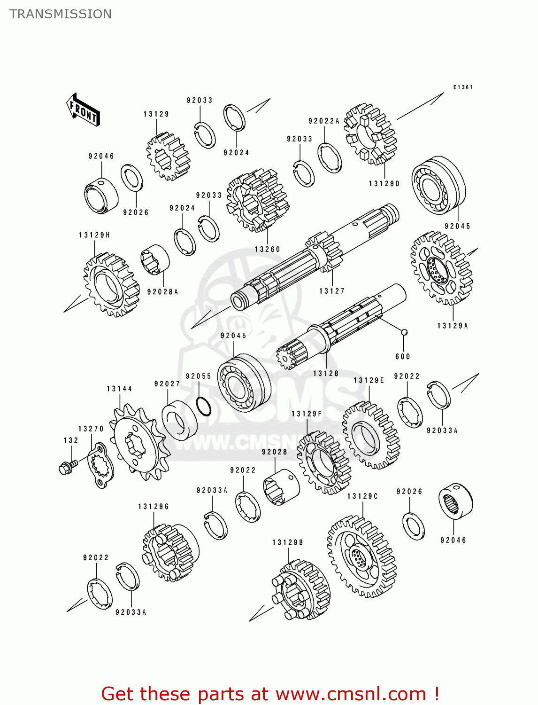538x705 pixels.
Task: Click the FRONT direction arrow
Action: [x=83, y=110]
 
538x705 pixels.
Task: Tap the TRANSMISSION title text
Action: [x=61, y=14]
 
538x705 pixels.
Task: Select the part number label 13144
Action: [x=119, y=389]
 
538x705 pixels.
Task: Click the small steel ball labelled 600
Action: [x=403, y=332]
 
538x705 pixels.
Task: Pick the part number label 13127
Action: [x=332, y=291]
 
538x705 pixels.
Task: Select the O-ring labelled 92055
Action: [x=204, y=407]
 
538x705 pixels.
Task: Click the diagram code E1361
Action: [x=462, y=87]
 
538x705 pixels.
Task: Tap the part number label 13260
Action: [x=267, y=249]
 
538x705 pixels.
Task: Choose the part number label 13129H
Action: [x=94, y=235]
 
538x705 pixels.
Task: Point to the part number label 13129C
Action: [x=362, y=496]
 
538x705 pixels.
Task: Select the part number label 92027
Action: [x=167, y=384]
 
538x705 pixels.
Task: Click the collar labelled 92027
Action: [x=179, y=420]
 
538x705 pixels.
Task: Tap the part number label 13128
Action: [x=326, y=373]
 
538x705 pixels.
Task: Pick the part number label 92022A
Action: [x=323, y=121]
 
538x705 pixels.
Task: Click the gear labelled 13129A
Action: [x=441, y=268]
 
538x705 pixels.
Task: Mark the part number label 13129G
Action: [x=153, y=507]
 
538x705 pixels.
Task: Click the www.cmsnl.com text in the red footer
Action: [x=350, y=694]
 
